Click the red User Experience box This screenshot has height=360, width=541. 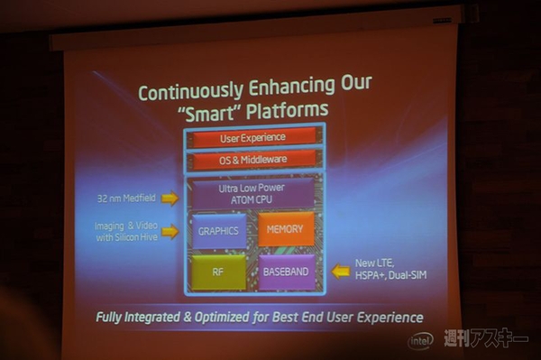click(252, 138)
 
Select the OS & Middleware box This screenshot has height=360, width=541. click(252, 160)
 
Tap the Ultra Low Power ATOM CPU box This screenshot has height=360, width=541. click(252, 193)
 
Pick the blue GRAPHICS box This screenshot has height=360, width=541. click(218, 230)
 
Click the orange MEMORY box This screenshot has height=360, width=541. click(285, 229)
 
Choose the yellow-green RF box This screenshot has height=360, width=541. click(218, 272)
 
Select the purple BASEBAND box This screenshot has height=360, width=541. click(286, 272)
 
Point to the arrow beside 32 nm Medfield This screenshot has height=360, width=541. click(170, 198)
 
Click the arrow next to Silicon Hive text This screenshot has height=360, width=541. click(170, 232)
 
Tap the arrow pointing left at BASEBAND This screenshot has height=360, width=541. click(340, 271)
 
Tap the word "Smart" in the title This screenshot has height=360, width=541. click(223, 112)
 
